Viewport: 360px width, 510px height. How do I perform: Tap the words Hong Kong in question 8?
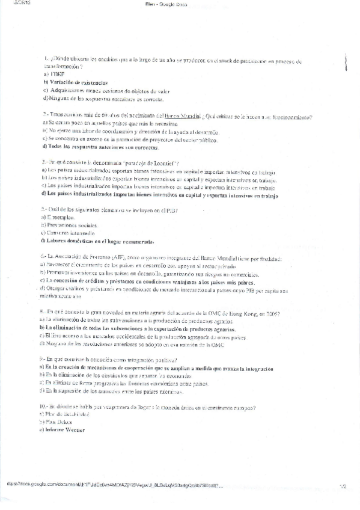click(x=256, y=314)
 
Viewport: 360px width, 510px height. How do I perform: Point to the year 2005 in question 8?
click(x=274, y=314)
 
